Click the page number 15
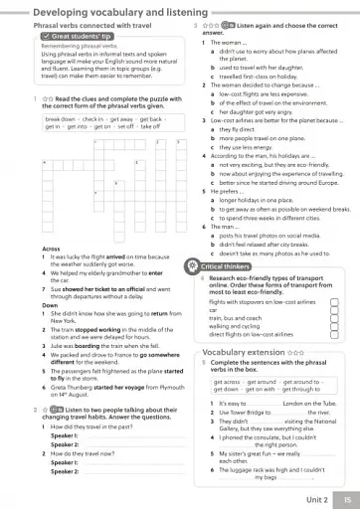tap(345, 498)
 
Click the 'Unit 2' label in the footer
tap(316, 498)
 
